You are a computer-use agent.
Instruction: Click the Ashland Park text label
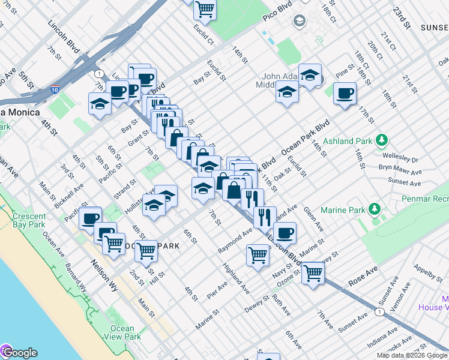pyautogui.click(x=348, y=142)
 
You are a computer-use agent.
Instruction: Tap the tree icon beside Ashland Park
pyautogui.click(x=380, y=141)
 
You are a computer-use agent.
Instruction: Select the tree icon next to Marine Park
pyautogui.click(x=375, y=209)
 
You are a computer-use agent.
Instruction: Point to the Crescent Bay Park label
pyautogui.click(x=28, y=220)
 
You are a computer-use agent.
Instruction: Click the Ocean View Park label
pyautogui.click(x=122, y=332)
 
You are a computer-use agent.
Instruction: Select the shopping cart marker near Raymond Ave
pyautogui.click(x=258, y=254)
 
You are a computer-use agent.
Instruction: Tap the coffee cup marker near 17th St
pyautogui.click(x=345, y=94)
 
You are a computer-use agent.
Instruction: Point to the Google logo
pyautogui.click(x=19, y=353)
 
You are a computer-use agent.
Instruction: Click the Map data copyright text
pyautogui.click(x=412, y=355)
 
